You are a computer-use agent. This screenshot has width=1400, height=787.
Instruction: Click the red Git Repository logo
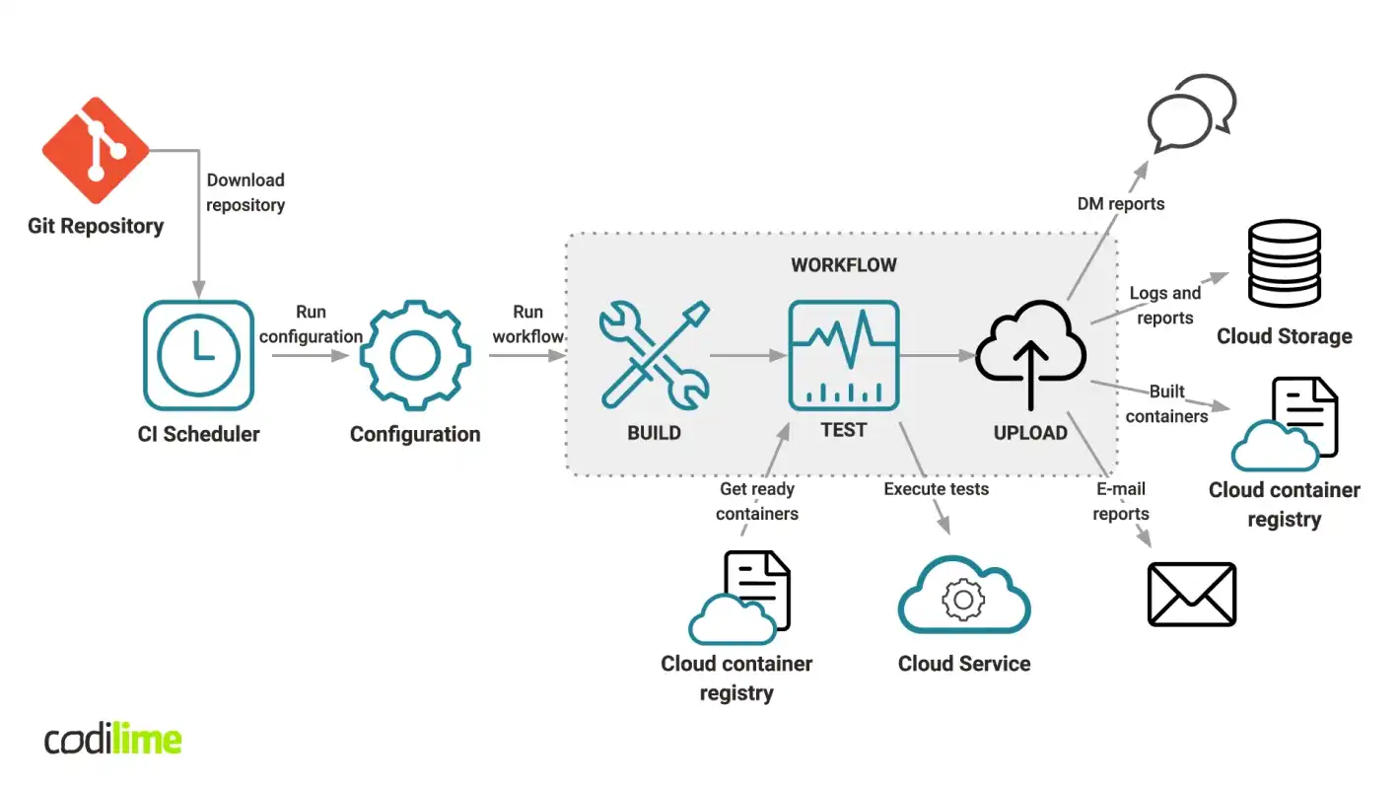pyautogui.click(x=96, y=151)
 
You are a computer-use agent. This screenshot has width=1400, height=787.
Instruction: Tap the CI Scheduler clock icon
pyautogui.click(x=198, y=356)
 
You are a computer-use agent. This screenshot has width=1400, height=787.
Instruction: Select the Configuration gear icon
pyautogui.click(x=415, y=356)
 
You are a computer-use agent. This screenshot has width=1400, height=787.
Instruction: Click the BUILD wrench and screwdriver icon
pyautogui.click(x=654, y=356)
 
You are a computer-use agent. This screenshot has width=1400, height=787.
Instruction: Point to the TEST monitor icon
pyautogui.click(x=843, y=356)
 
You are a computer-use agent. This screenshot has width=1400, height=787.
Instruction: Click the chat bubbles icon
pyautogui.click(x=1192, y=112)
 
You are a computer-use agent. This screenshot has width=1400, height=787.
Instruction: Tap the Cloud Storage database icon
pyautogui.click(x=1284, y=263)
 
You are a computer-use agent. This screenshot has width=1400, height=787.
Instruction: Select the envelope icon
pyautogui.click(x=1192, y=594)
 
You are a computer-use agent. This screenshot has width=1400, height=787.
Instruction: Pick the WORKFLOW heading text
pyautogui.click(x=844, y=265)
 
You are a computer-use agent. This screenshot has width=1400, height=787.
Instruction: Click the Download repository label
pyautogui.click(x=245, y=192)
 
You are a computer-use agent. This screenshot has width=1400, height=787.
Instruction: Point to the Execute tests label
pyautogui.click(x=936, y=488)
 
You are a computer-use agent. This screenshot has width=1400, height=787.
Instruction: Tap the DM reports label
pyautogui.click(x=1121, y=204)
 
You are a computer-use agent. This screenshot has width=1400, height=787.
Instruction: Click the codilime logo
pyautogui.click(x=113, y=740)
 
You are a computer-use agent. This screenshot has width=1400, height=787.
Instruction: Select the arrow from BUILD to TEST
pyautogui.click(x=745, y=355)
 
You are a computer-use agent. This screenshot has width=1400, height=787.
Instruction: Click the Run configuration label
pyautogui.click(x=311, y=324)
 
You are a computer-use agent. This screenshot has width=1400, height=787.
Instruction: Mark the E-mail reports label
pyautogui.click(x=1121, y=501)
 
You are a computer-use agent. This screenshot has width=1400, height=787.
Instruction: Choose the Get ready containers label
pyautogui.click(x=757, y=501)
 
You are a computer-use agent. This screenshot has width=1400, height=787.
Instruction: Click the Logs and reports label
pyautogui.click(x=1165, y=305)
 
